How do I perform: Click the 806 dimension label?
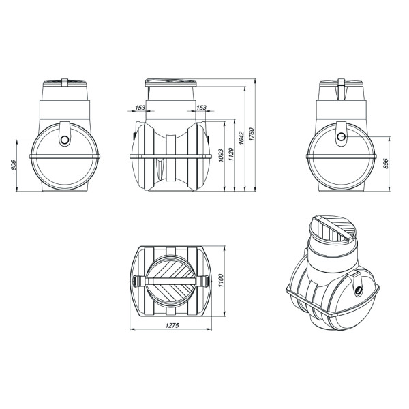click(14, 165)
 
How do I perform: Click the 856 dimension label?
click(386, 164)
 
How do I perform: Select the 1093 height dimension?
click(221, 155)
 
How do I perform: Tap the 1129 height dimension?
click(231, 154)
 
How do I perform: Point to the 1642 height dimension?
click(241, 138)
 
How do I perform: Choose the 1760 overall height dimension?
click(252, 134)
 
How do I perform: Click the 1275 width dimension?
click(172, 325)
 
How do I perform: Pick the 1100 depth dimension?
click(221, 281)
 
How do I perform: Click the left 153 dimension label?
click(140, 108)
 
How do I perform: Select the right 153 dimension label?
click(201, 108)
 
